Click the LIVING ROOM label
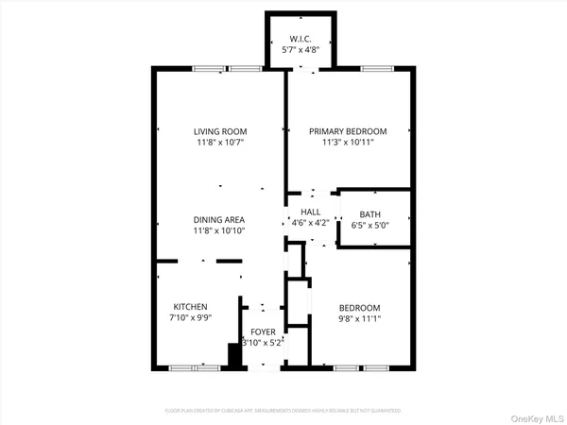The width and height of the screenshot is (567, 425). click(x=219, y=132)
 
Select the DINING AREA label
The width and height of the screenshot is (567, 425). click(x=219, y=218)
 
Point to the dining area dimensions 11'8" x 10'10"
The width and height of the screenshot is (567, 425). click(x=219, y=230)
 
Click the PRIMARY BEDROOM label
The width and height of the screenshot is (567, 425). click(x=349, y=132)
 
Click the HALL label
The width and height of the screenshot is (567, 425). click(x=311, y=212)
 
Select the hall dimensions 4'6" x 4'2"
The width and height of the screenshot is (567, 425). click(x=311, y=224)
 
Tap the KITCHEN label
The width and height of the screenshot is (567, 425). click(x=191, y=307)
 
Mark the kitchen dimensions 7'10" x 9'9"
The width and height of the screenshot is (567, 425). click(x=191, y=318)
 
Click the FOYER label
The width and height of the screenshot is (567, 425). click(x=263, y=333)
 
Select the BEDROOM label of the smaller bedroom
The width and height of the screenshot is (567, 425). click(x=360, y=308)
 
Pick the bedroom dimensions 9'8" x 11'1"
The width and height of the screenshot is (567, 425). click(x=360, y=319)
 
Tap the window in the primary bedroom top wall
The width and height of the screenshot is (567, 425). click(x=377, y=68)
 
